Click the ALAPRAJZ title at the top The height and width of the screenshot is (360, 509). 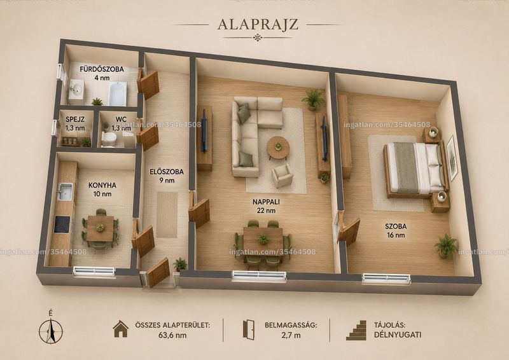tap(258, 24)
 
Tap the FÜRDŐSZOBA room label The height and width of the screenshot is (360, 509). tap(102, 69)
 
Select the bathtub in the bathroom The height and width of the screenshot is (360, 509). tap(117, 93)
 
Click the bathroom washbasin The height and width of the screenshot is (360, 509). tap(76, 89)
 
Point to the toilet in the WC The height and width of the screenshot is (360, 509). tap(109, 139)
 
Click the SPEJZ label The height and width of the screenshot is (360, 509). tap(75, 119)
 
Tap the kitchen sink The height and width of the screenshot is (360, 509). tap(66, 191)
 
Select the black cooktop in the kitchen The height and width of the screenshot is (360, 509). tap(62, 225)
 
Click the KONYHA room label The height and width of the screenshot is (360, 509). tap(102, 185)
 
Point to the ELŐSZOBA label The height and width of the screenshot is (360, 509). tap(167, 172)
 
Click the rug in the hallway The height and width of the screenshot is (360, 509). tap(167, 214)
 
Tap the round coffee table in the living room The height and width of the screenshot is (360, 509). tap(278, 148)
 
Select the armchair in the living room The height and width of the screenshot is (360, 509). tap(282, 176)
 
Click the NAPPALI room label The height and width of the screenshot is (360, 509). tap(266, 202)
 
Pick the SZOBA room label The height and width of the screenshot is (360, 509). tap(396, 226)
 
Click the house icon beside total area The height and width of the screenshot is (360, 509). tap(121, 329)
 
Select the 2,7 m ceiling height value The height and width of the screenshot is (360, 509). tap(291, 335)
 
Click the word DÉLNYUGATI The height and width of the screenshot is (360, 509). tap(398, 335)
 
